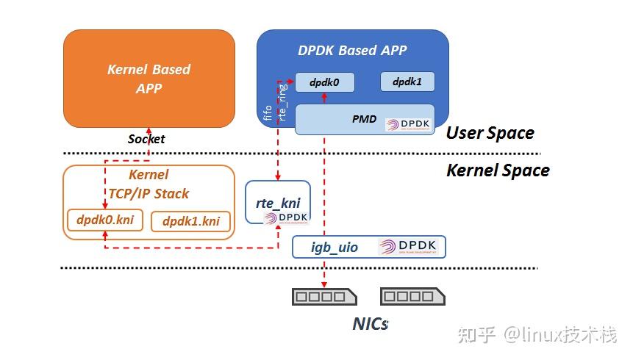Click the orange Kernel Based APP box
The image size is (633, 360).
[x=149, y=79]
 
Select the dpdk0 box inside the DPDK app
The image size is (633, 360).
[x=324, y=82]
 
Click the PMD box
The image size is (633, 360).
[x=365, y=119]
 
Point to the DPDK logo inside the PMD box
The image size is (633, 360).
[x=409, y=123]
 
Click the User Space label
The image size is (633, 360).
[x=490, y=133]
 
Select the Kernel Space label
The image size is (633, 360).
[x=498, y=170]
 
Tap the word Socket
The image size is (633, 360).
[x=146, y=139]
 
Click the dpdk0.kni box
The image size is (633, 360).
[x=105, y=219]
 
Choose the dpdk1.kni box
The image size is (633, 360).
[x=190, y=221]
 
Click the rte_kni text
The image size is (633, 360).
[x=278, y=203]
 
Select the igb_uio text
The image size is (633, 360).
[x=334, y=247]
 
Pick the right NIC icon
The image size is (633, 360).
[x=412, y=297]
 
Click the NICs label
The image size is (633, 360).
[x=370, y=323]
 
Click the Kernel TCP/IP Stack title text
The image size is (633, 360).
[x=149, y=184]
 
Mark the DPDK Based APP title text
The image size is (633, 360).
[x=352, y=51]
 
